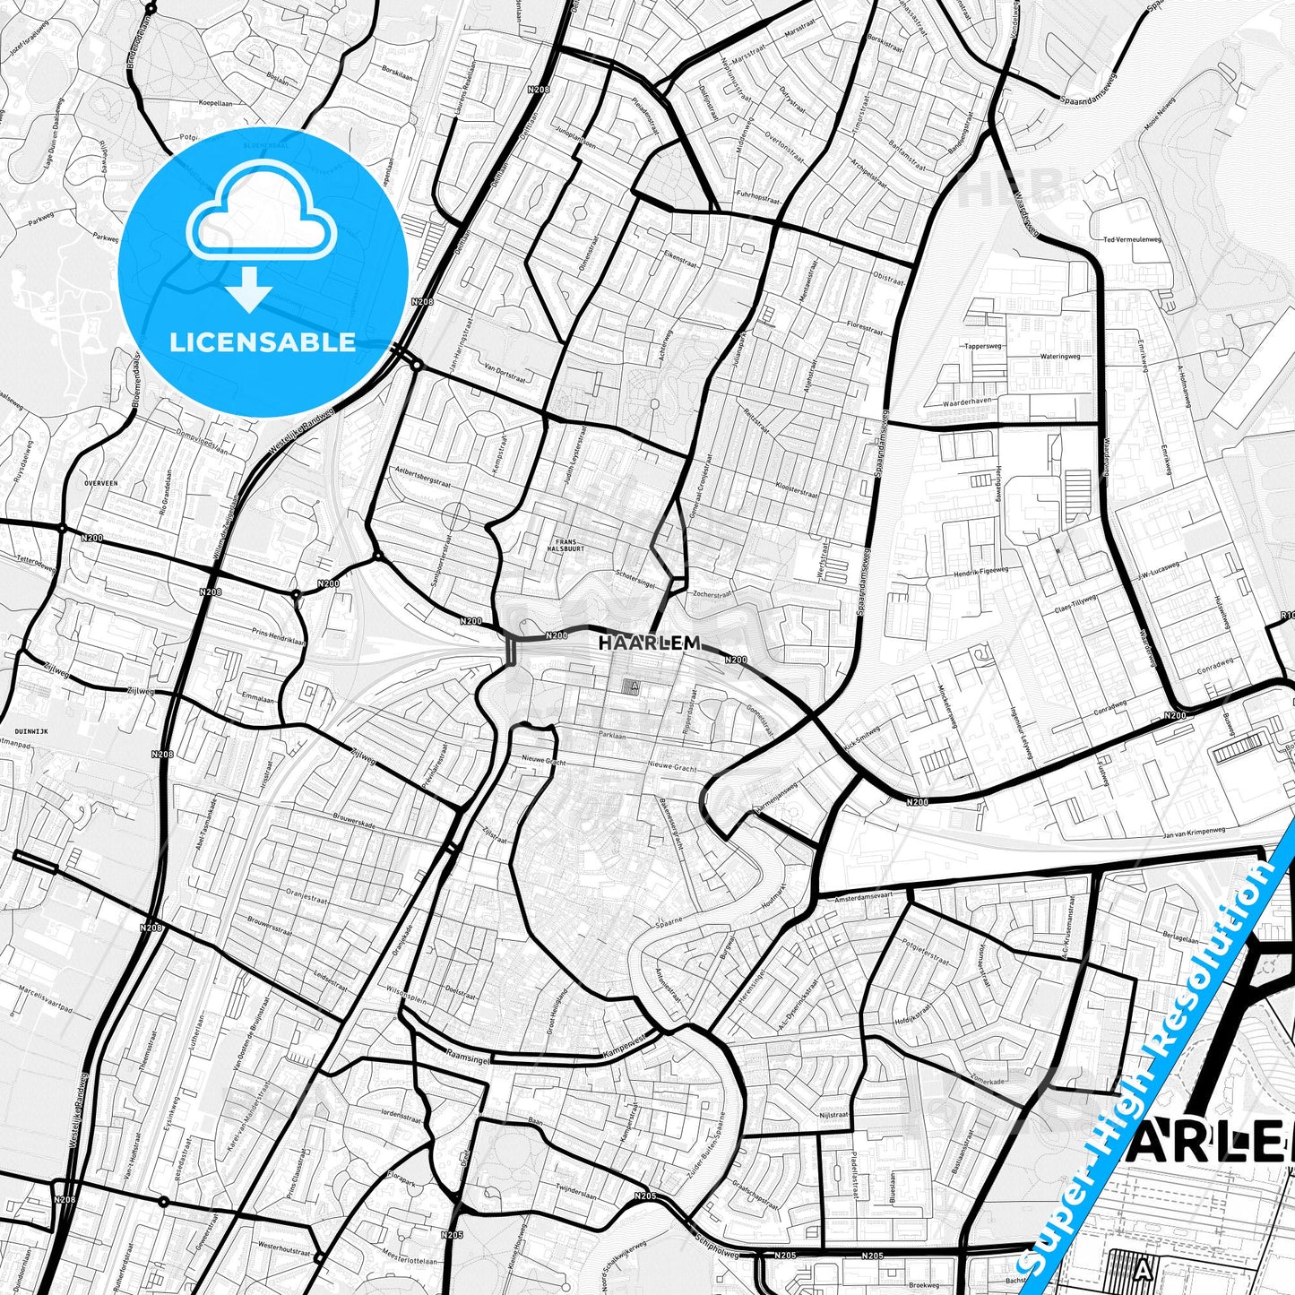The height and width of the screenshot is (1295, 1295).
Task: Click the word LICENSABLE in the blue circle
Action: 263,342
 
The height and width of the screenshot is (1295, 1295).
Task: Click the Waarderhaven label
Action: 968,401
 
